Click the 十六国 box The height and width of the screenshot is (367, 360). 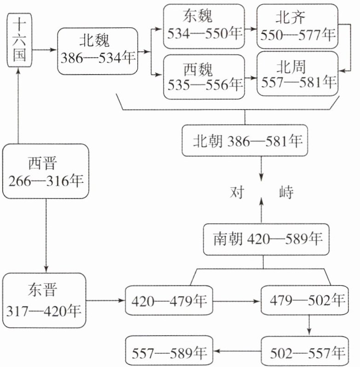(x=18, y=39)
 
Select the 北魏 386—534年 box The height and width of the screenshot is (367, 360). (x=98, y=51)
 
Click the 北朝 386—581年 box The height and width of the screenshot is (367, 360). (x=244, y=140)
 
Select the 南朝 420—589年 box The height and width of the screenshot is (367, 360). (x=263, y=239)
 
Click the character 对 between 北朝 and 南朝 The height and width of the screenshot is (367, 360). (x=239, y=192)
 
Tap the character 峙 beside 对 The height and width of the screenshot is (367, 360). (x=286, y=192)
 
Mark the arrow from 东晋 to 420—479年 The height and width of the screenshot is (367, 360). (x=105, y=301)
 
